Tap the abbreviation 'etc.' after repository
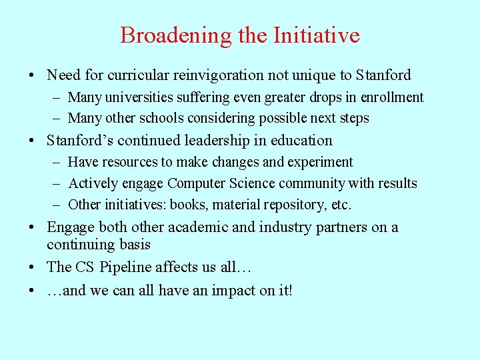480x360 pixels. [340, 205]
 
